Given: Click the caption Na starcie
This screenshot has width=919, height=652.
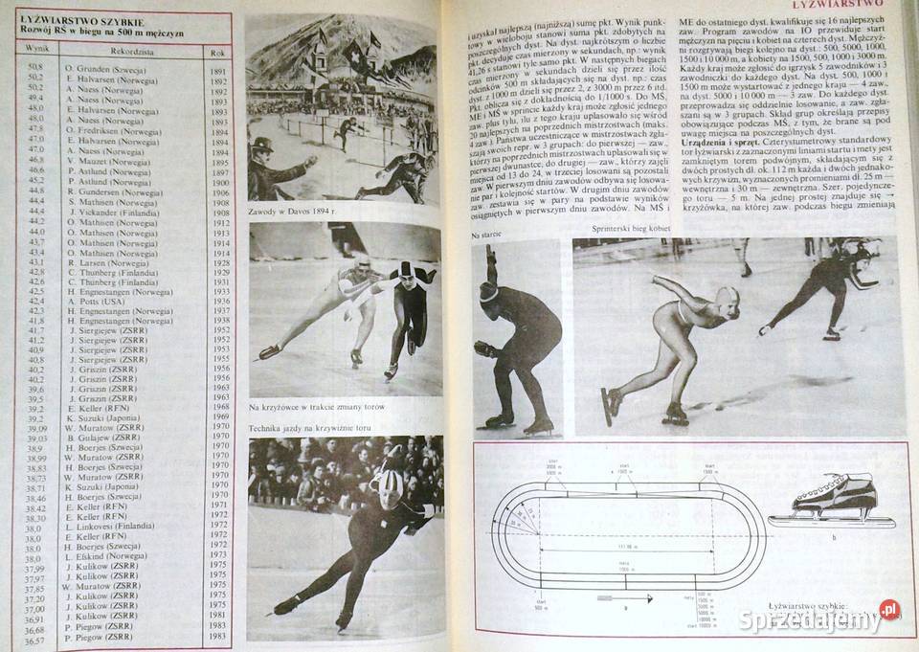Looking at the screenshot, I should click(x=489, y=234).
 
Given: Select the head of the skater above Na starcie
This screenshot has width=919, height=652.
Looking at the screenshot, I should click(x=488, y=291).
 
